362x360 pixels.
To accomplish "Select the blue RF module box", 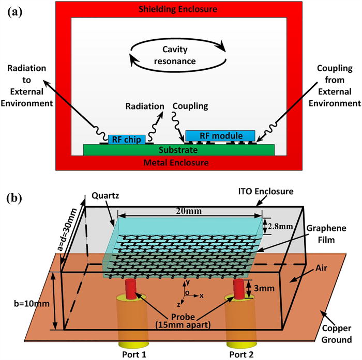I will (x=220, y=135).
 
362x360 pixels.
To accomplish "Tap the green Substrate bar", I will (x=179, y=150).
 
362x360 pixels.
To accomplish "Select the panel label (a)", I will (x=16, y=10).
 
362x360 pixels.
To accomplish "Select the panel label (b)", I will (x=16, y=198).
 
